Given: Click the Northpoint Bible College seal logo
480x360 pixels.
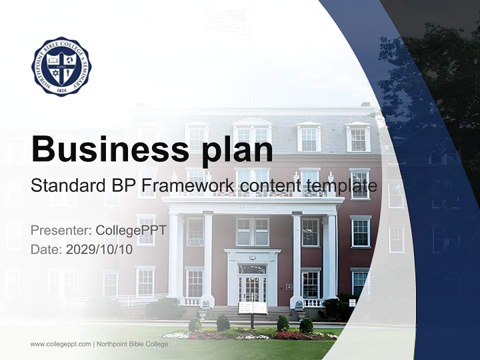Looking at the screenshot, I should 61,66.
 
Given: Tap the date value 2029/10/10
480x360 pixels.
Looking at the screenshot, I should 99,249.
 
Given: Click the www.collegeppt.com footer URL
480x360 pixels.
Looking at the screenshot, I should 60,344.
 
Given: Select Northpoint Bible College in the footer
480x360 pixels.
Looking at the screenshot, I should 132,344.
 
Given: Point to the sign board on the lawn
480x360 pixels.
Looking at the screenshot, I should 253,308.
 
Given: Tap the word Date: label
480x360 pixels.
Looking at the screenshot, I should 46,249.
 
